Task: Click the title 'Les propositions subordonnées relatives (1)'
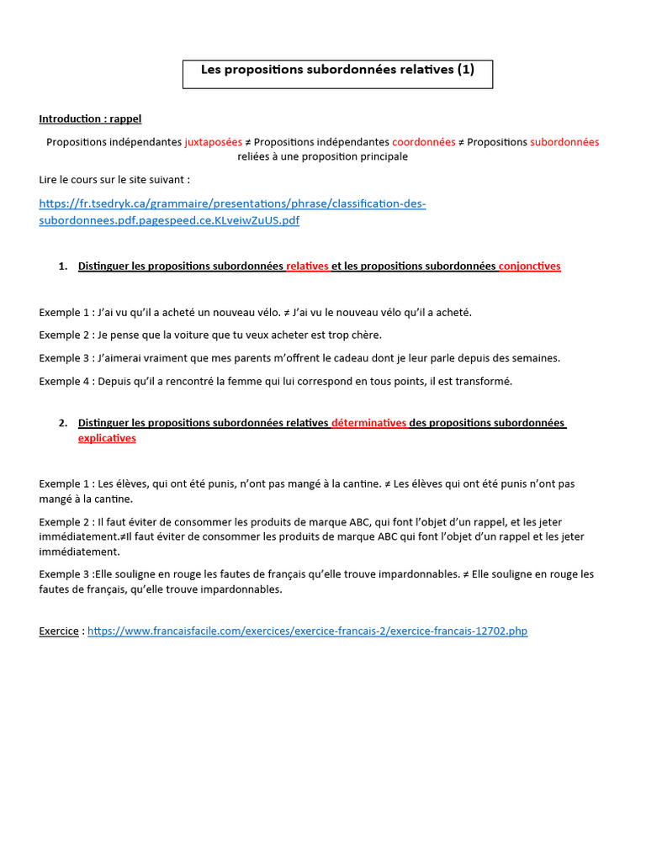337,71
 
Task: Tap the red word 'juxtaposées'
213,142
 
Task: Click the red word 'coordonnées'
423,142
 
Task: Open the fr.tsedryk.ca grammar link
232,212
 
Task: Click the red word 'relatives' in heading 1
307,267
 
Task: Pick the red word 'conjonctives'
529,267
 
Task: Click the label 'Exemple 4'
64,381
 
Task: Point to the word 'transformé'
481,381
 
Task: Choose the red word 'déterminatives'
368,423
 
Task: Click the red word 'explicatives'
107,438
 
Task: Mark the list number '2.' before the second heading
63,423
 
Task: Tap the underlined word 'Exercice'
59,631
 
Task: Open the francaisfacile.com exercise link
307,631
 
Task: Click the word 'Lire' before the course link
49,179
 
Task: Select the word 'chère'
367,335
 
